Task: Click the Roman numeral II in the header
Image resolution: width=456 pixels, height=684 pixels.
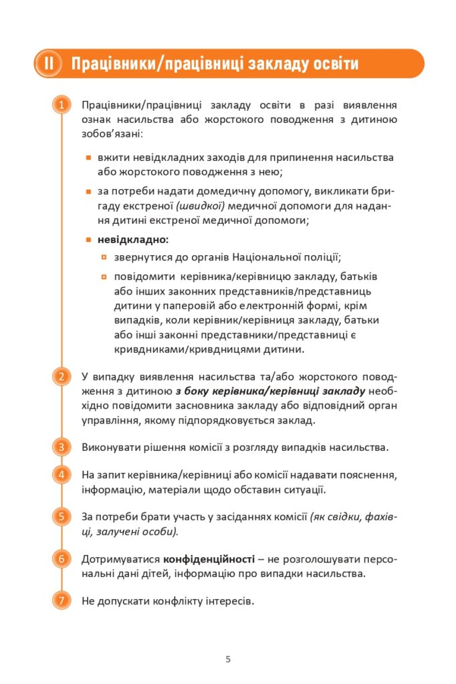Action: pyautogui.click(x=49, y=64)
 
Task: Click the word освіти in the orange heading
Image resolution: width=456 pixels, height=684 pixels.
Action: pyautogui.click(x=332, y=64)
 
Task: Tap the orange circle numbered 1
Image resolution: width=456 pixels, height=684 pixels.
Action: pyautogui.click(x=61, y=106)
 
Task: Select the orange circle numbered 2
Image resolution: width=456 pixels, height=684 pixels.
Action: pyautogui.click(x=61, y=377)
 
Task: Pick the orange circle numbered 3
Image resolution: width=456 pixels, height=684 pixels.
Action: pyautogui.click(x=61, y=447)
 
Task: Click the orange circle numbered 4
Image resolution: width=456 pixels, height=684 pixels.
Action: pyautogui.click(x=61, y=475)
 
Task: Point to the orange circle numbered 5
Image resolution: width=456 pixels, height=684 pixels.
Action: pyautogui.click(x=61, y=516)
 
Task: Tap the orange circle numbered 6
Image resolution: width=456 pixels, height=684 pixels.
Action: pyautogui.click(x=61, y=558)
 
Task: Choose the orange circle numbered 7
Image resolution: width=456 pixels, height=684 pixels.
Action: pyautogui.click(x=61, y=600)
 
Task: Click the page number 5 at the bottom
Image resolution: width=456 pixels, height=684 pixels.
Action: pyautogui.click(x=228, y=659)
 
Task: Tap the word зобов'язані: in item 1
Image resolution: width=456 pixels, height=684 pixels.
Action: pyautogui.click(x=111, y=134)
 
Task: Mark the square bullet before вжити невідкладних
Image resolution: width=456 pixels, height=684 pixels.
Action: pyautogui.click(x=88, y=158)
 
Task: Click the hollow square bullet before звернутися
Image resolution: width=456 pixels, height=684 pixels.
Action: pyautogui.click(x=104, y=256)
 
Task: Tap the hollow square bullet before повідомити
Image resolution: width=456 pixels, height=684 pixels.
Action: pyautogui.click(x=104, y=276)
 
